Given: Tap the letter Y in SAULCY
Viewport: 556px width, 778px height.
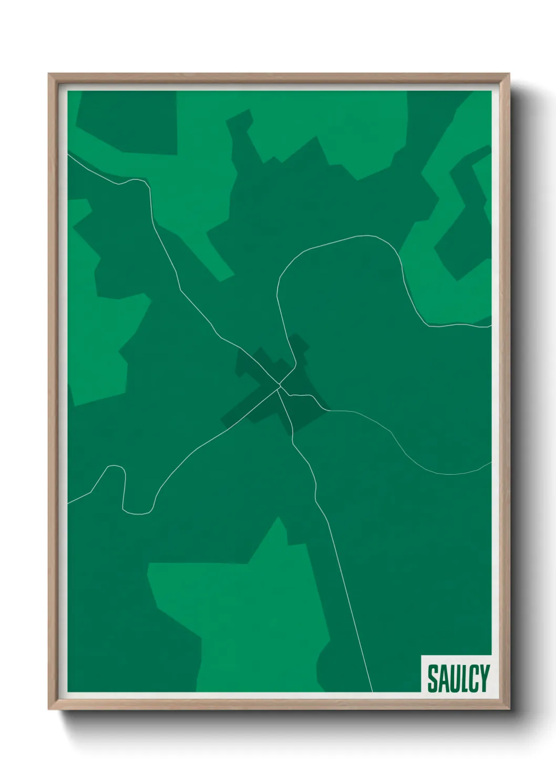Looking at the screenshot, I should pos(483,679).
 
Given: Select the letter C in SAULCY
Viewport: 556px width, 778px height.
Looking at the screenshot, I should pos(473,679).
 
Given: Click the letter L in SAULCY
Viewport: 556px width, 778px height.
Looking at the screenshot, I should pos(464,679).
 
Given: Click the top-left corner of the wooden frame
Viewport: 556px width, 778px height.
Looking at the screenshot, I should pos(49,75).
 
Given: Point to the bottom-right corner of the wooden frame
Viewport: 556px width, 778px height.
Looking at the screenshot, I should pos(509,709).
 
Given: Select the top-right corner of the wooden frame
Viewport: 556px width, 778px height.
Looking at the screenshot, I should pos(509,75).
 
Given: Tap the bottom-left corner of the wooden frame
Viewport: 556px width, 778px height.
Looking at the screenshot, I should pos(49,709).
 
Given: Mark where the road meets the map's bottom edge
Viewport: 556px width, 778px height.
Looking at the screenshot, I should pos(372,691).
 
